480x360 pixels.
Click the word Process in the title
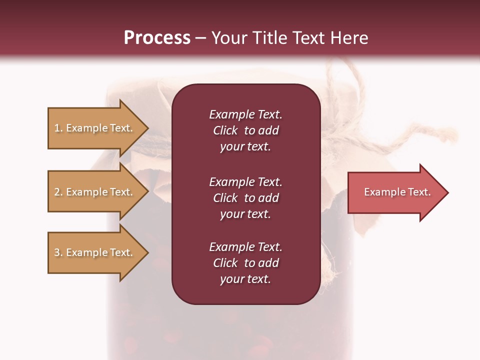click(157, 38)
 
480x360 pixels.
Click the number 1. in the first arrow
click(58, 128)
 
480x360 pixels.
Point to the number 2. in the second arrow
click(58, 192)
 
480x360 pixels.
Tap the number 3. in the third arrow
click(58, 252)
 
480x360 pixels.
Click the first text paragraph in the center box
click(245, 130)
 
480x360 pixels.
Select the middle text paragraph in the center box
click(245, 198)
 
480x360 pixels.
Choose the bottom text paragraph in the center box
click(245, 263)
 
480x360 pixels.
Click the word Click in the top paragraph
click(225, 130)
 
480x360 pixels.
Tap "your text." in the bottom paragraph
click(245, 279)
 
